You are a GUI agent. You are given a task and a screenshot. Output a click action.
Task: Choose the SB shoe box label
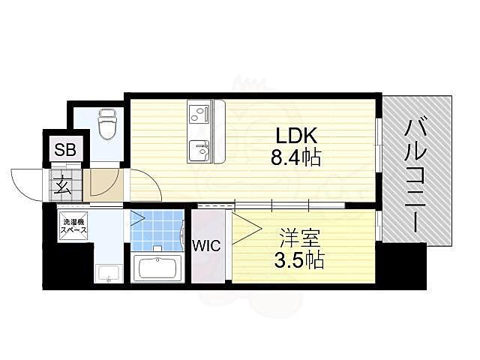pos(64,148)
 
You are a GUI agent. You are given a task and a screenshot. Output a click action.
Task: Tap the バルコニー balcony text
pos(416,175)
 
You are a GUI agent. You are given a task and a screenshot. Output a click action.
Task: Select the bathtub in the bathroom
pos(158,268)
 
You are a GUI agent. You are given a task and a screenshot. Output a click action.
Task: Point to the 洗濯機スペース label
pos(73,226)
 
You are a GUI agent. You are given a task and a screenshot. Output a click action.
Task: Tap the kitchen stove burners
pos(199,113)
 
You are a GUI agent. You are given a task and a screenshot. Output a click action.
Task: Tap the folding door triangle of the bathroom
pos(137,220)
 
